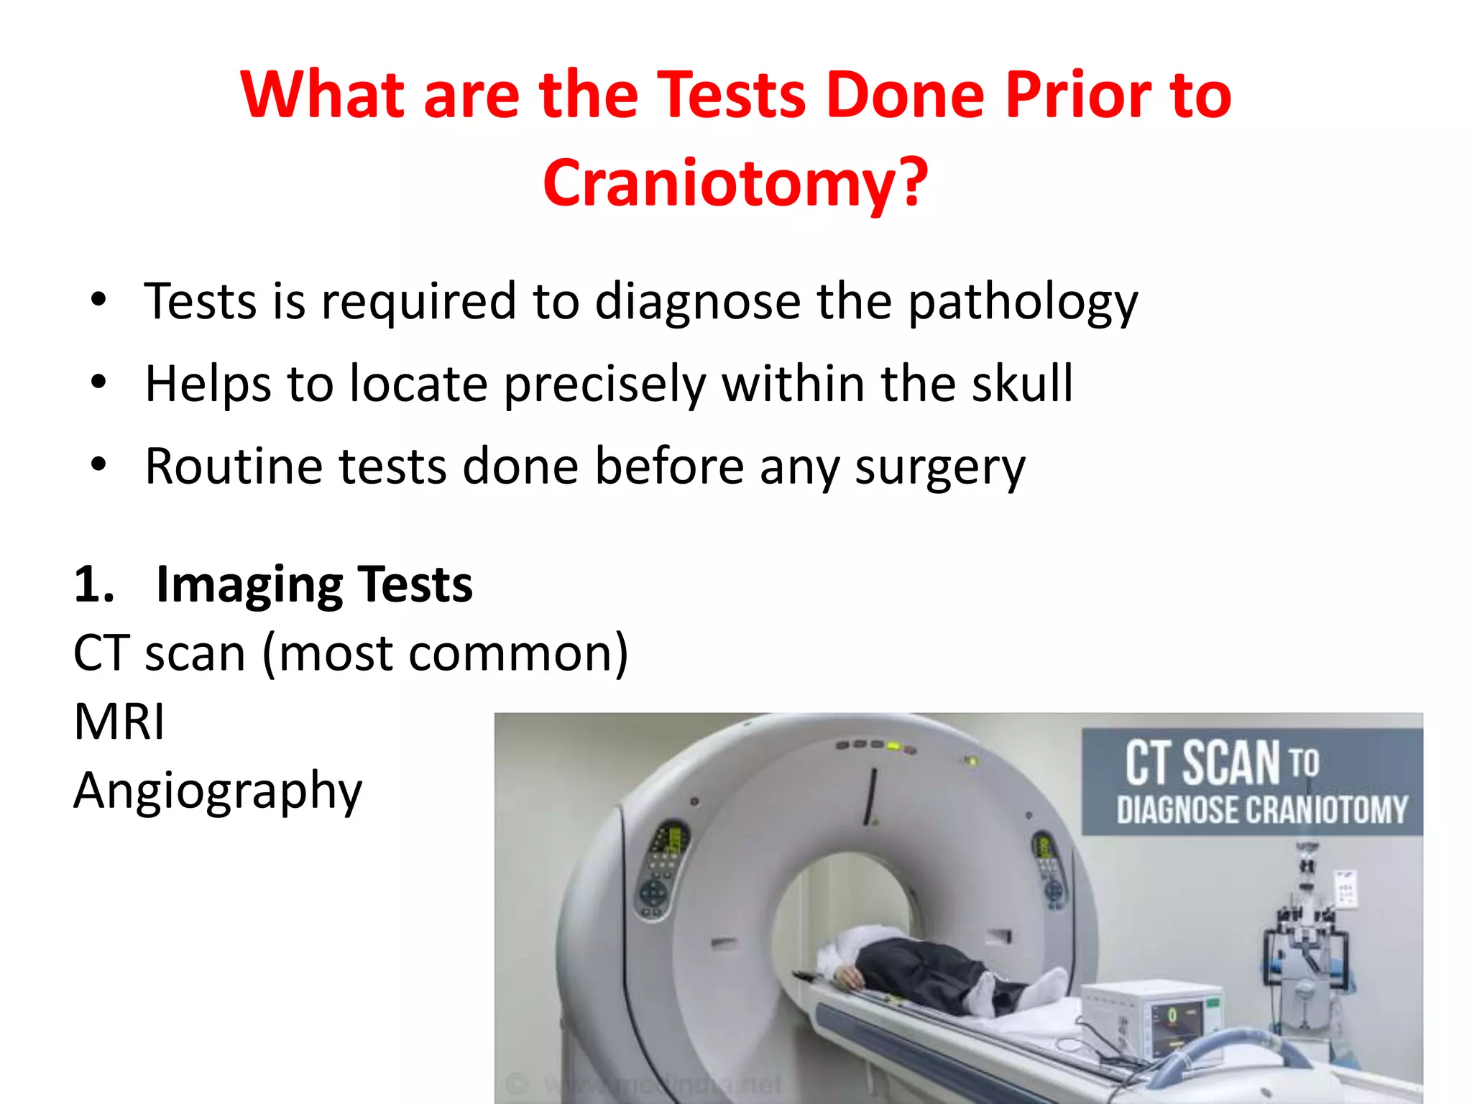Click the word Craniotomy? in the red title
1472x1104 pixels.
coord(735,183)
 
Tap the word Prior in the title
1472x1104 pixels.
coord(1076,96)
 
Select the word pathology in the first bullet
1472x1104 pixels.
coord(1023,302)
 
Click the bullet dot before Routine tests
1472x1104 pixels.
coord(98,465)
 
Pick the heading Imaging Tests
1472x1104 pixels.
coord(314,584)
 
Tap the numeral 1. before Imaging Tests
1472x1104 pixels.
coord(94,584)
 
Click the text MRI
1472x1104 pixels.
coord(119,722)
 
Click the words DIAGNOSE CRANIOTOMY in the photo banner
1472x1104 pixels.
coord(1261,810)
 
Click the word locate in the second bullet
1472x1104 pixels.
coord(418,384)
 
